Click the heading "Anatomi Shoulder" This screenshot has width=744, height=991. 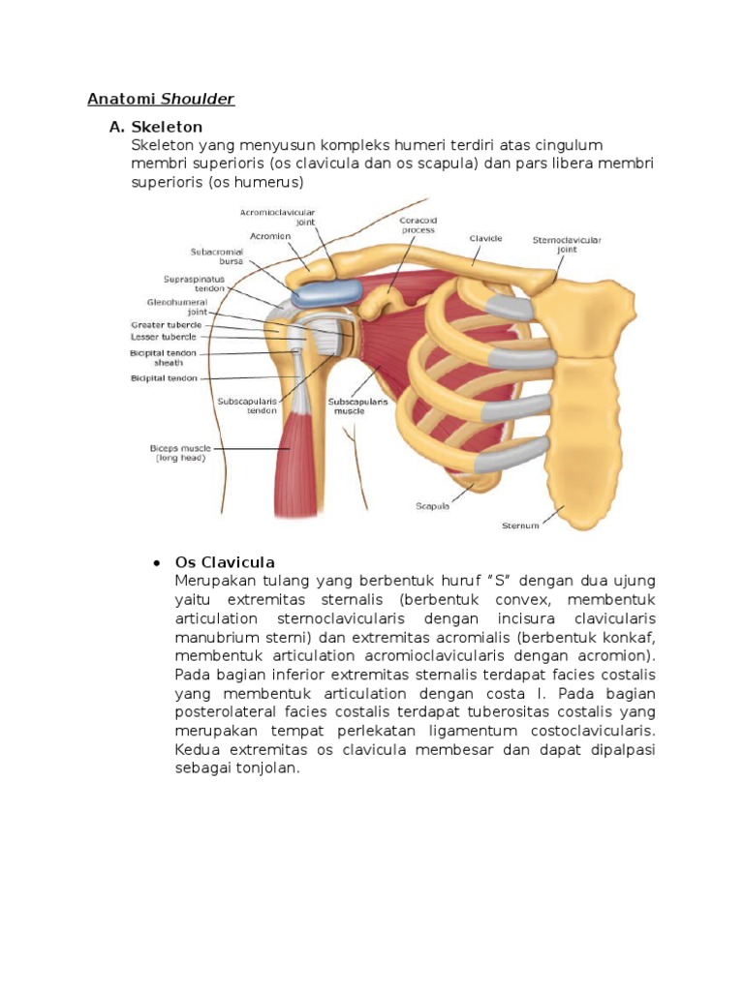tap(161, 99)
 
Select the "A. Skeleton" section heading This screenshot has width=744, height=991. tap(156, 127)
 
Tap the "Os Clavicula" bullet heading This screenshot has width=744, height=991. tap(225, 562)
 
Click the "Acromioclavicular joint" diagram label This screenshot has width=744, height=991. tap(279, 216)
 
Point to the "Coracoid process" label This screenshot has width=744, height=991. tap(418, 225)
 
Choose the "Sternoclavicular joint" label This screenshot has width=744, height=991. tap(567, 243)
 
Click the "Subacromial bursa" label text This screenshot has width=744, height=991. tap(217, 256)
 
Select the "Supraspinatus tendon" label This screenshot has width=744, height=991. tap(194, 284)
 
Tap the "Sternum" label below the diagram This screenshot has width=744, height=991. tap(520, 526)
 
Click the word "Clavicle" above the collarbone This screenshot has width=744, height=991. tap(484, 237)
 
